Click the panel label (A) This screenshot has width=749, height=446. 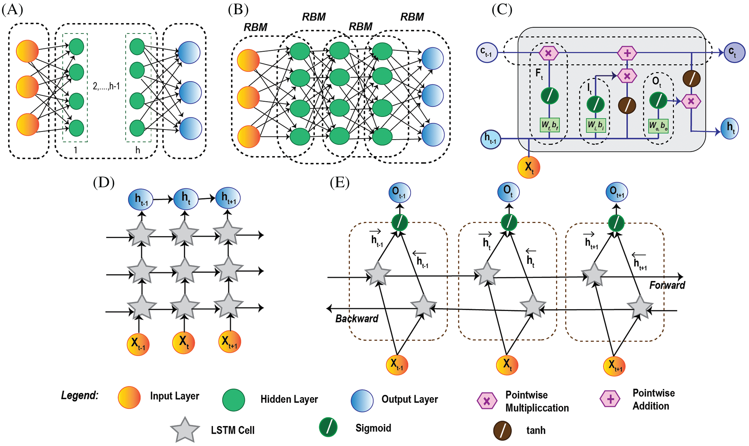(x=12, y=10)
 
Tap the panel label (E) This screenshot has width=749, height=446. (x=340, y=183)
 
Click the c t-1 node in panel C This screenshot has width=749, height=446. (x=487, y=52)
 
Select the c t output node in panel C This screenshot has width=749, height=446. (x=734, y=52)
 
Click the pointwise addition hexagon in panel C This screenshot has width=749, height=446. (x=627, y=53)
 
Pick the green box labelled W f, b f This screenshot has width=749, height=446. (x=549, y=125)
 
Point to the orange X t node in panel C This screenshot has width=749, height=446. (x=529, y=167)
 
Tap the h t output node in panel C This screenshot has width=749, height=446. (x=730, y=128)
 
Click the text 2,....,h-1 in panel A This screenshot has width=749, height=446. (x=106, y=86)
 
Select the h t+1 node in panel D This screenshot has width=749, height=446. (x=228, y=198)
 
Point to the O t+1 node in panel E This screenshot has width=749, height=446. (x=616, y=192)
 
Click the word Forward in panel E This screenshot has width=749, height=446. (x=667, y=285)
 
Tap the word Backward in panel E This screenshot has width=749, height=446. (x=357, y=319)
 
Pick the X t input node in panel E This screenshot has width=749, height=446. (x=507, y=364)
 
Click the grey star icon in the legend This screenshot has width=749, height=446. (x=185, y=430)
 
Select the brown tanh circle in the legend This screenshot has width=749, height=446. (x=502, y=430)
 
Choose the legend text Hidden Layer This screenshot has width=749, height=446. (x=289, y=399)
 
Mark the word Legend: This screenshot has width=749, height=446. (x=80, y=395)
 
